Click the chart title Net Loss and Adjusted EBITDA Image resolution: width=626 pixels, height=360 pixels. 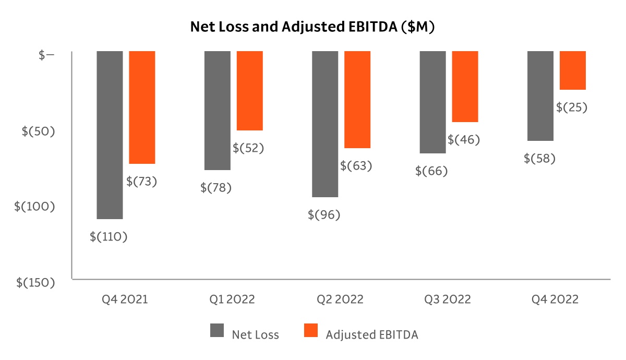click(x=312, y=27)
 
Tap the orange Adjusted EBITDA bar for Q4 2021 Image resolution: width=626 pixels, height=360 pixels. click(x=142, y=107)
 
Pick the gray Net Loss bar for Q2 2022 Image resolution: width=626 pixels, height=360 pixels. click(x=325, y=124)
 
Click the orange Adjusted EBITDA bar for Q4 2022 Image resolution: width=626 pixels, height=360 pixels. click(x=573, y=70)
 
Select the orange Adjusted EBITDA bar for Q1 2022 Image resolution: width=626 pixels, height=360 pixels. click(x=250, y=91)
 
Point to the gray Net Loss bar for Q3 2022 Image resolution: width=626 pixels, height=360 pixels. click(x=433, y=102)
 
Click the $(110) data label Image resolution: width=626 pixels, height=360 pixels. click(x=109, y=236)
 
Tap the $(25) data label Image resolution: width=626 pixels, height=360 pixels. click(x=572, y=107)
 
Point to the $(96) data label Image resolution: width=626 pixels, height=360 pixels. click(x=324, y=214)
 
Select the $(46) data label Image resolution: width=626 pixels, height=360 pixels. click(x=464, y=140)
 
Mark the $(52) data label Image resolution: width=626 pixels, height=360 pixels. click(x=248, y=148)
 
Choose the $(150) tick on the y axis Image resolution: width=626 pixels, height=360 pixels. click(x=35, y=282)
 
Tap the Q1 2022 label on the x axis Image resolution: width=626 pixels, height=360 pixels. click(x=232, y=299)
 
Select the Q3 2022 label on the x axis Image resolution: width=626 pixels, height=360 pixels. click(x=448, y=299)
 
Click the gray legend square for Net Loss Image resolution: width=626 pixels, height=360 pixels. click(x=218, y=331)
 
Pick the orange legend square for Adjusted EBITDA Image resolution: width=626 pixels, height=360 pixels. click(x=311, y=331)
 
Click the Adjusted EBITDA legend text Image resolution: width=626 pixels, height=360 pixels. click(x=372, y=335)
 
